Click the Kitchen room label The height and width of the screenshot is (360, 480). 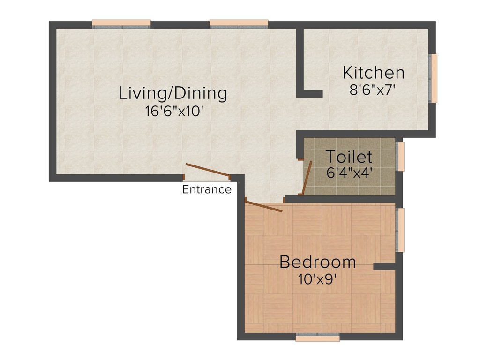[x=374, y=73]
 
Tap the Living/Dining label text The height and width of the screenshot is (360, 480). [x=172, y=93]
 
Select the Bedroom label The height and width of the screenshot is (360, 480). [x=317, y=262]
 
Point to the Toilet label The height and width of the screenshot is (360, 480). [x=349, y=156]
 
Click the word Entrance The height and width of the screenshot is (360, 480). [x=207, y=189]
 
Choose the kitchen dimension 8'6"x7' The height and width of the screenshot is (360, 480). [x=374, y=90]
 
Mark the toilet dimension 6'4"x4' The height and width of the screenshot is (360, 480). [x=349, y=172]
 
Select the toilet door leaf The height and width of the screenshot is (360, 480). [x=307, y=177]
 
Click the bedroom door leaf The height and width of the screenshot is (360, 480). [x=263, y=206]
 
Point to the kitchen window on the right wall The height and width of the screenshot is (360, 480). [x=434, y=78]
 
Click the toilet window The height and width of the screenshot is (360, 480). [x=400, y=156]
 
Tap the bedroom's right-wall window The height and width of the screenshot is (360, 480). [x=400, y=230]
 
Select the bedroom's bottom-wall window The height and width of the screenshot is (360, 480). [x=318, y=337]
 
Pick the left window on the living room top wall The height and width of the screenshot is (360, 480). [x=121, y=24]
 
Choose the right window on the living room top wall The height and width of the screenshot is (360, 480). [x=239, y=24]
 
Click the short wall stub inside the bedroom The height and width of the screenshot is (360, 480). [x=385, y=266]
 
